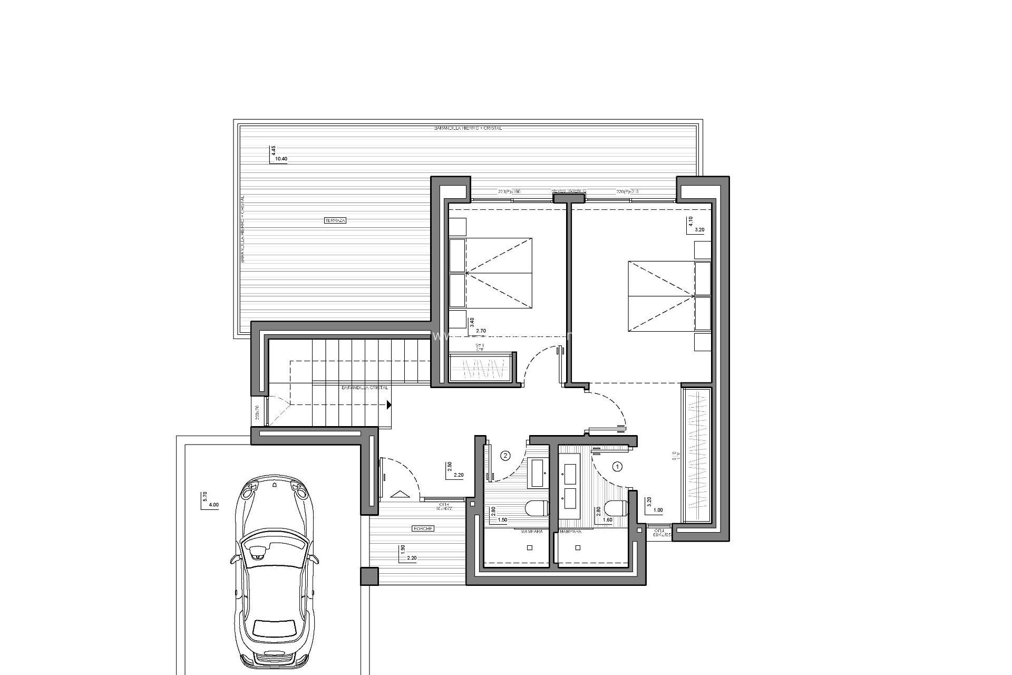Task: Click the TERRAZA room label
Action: [x=335, y=220]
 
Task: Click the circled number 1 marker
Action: [x=618, y=466]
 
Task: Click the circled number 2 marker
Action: [x=505, y=455]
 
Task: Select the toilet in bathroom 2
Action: [x=537, y=508]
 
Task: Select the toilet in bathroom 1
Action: [x=616, y=508]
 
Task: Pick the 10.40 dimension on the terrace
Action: [x=281, y=159]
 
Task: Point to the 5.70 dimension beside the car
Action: [x=205, y=496]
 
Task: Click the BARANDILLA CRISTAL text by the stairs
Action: [x=365, y=388]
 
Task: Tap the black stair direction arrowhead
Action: [x=388, y=405]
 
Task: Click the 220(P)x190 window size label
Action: [x=509, y=191]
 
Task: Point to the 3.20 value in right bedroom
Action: [x=699, y=230]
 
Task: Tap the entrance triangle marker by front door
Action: [x=400, y=494]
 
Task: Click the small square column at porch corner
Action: [x=369, y=575]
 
